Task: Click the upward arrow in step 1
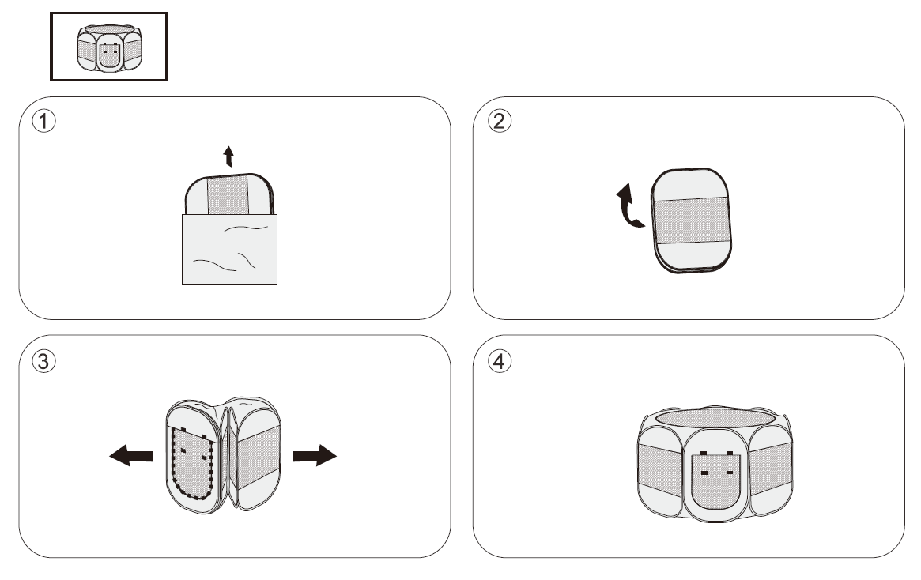[x=229, y=156]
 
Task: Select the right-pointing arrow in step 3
[x=315, y=456]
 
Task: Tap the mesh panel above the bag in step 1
[x=229, y=193]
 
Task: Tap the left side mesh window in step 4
[x=658, y=465]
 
